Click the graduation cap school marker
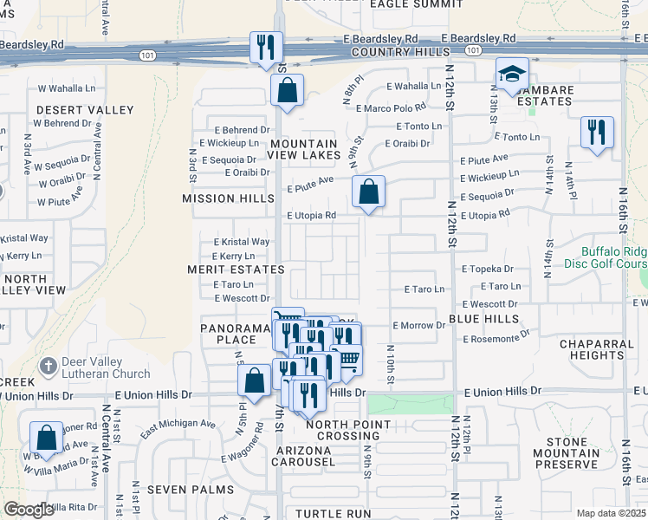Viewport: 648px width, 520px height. point(513,75)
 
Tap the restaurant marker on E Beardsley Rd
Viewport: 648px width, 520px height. point(266,47)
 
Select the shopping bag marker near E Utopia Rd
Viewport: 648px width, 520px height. point(369,192)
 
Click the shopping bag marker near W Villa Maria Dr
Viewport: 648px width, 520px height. point(47,437)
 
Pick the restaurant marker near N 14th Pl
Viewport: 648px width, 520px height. point(597,133)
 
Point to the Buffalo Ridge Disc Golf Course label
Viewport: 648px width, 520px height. point(614,257)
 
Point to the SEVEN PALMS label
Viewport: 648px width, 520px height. point(191,490)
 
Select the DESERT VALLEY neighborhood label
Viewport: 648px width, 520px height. point(85,110)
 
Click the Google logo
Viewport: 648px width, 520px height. point(29,510)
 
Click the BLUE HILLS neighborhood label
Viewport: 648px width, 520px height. point(483,319)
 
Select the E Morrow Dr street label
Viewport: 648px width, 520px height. point(418,325)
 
